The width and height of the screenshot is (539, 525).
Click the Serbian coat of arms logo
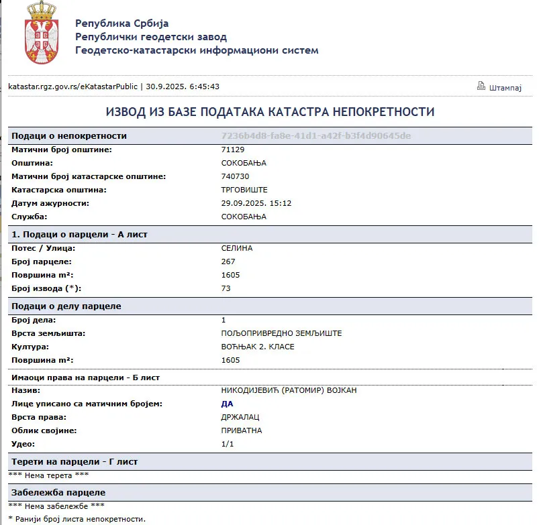point(42,34)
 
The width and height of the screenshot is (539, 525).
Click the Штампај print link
point(505,87)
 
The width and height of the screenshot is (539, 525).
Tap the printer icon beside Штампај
point(481,86)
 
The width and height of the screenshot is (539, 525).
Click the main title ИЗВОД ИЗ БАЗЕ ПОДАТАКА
point(270,112)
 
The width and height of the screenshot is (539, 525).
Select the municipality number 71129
point(233,150)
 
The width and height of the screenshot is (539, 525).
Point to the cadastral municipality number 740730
point(235,176)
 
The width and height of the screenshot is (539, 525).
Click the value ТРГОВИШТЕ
point(244,190)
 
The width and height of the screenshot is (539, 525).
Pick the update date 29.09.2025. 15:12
point(256,203)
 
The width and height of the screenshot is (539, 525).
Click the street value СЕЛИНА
point(237,248)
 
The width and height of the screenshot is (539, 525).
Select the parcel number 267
point(228,261)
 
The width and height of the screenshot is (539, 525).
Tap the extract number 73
point(226,288)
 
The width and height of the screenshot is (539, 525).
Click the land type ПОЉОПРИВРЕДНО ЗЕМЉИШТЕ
point(286,333)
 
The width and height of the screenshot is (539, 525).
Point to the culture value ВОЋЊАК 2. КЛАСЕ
point(258,347)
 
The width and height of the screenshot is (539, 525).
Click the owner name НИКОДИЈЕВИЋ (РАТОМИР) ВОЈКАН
point(289,390)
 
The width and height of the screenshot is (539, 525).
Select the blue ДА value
point(227,404)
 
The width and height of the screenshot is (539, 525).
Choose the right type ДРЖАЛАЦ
point(242,417)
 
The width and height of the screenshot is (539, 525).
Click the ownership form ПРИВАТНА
point(242,430)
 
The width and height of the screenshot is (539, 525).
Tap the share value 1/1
point(227,444)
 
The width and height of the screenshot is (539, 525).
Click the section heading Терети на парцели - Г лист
point(75,462)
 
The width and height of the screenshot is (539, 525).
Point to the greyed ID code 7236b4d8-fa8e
point(315,135)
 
